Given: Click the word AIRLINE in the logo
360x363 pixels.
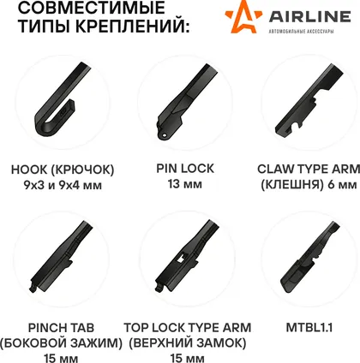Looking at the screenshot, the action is (309, 16).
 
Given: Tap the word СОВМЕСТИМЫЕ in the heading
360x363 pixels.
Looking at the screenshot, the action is (92, 8).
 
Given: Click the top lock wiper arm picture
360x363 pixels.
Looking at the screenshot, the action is (186, 255).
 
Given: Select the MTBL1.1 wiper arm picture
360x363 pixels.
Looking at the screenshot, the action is (309, 257).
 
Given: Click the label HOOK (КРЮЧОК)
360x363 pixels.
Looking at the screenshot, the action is (63, 170).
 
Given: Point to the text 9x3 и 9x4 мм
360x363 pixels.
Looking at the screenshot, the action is (63, 185).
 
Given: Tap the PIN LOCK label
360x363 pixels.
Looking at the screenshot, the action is (185, 169).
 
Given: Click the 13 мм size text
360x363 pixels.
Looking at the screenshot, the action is (185, 184).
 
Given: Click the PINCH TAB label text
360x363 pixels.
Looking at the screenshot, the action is (61, 328).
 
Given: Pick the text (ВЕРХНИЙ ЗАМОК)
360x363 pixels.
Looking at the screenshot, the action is (188, 343).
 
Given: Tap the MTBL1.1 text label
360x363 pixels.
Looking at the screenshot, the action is (309, 328).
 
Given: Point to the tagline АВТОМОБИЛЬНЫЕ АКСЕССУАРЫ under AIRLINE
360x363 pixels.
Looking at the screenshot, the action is (301, 31).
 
